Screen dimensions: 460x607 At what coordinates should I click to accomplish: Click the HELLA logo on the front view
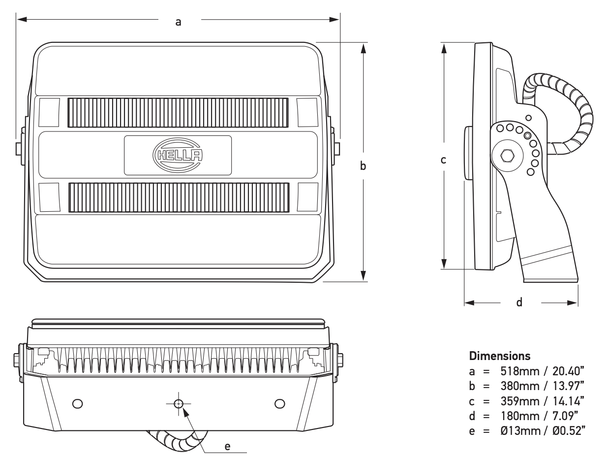[x=178, y=155]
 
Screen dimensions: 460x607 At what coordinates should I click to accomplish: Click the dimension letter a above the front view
[x=179, y=22]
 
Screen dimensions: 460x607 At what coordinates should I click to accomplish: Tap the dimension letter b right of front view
[x=363, y=166]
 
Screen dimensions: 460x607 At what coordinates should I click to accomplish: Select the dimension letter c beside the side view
[x=443, y=160]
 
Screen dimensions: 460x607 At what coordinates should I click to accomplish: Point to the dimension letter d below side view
[x=519, y=302]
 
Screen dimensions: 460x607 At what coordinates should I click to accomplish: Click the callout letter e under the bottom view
[x=227, y=446]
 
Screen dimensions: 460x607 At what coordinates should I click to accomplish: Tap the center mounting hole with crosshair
[x=178, y=404]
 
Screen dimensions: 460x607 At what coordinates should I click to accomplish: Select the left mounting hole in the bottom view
[x=77, y=404]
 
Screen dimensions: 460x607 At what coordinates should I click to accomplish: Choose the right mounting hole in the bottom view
[x=279, y=404]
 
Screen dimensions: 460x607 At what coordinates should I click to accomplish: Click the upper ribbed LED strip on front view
[x=178, y=112]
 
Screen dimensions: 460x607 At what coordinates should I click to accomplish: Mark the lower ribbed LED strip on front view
[x=179, y=197]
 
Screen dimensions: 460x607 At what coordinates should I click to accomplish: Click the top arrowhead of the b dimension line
[x=363, y=47]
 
